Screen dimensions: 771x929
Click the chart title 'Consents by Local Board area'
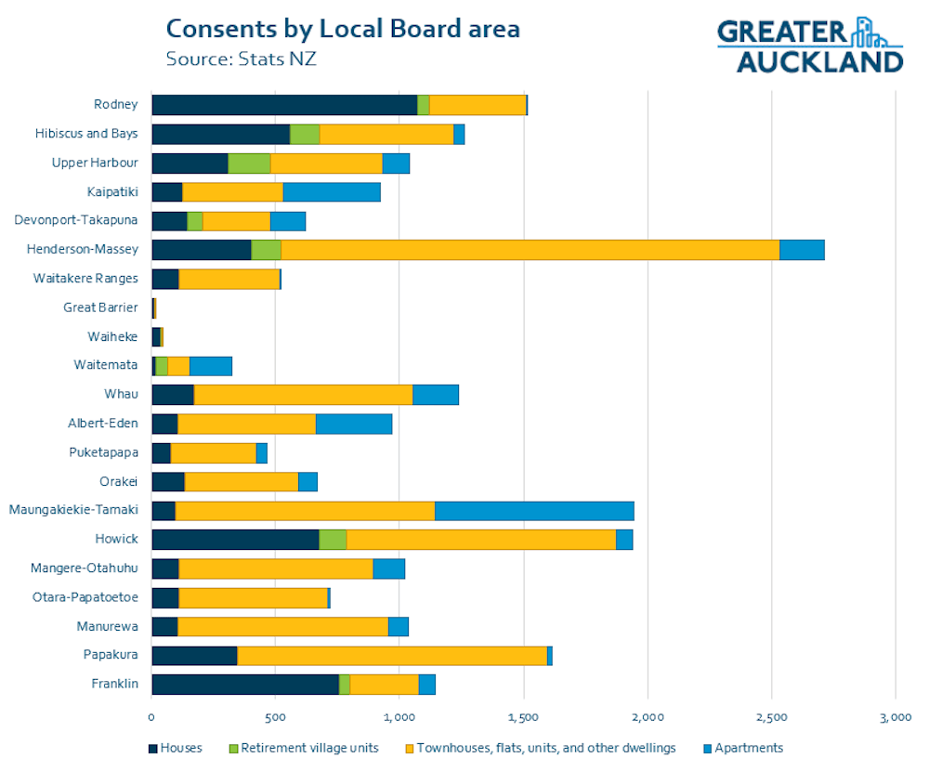pos(342,28)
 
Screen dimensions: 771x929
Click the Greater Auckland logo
pos(809,45)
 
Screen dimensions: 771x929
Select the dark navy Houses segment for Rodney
pos(284,105)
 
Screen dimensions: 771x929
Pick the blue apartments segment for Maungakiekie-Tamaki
pos(534,510)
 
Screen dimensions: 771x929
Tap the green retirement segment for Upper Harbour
pos(249,163)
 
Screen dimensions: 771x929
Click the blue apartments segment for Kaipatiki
pos(332,192)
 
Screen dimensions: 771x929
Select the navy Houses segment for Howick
pos(235,539)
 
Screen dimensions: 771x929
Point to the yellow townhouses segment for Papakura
pos(392,655)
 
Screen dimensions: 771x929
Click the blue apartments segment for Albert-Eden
pos(354,424)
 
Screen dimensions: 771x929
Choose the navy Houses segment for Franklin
pos(245,684)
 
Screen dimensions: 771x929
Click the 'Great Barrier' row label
pos(100,307)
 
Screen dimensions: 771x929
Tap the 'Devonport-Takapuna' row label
pos(76,220)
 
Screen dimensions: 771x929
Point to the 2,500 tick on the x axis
pos(771,717)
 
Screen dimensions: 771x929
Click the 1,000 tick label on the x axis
pos(399,717)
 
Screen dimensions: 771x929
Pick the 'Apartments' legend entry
pos(742,748)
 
